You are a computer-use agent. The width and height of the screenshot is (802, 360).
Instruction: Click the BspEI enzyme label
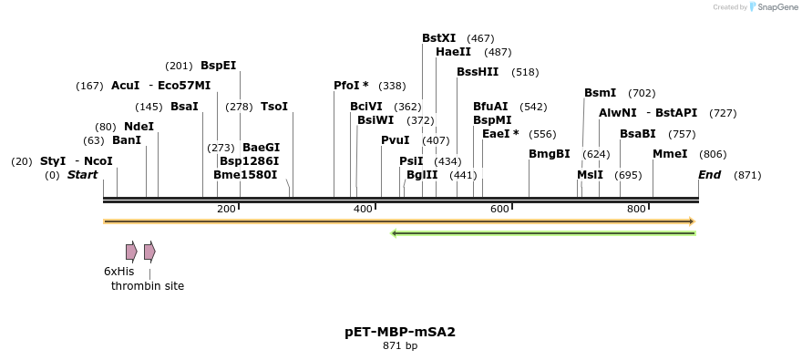click(x=218, y=66)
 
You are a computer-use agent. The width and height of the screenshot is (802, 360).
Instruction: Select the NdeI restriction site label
click(x=139, y=127)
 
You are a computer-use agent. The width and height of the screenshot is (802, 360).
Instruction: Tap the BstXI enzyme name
click(x=438, y=38)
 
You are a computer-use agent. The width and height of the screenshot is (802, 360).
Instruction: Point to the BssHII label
click(x=478, y=72)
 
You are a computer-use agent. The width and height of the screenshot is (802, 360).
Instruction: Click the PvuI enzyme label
click(x=395, y=140)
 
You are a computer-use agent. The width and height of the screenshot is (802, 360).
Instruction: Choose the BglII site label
click(x=422, y=175)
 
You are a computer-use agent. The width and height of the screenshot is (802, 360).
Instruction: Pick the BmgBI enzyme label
click(x=549, y=154)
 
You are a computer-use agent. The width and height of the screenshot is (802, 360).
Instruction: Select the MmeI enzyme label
click(x=670, y=154)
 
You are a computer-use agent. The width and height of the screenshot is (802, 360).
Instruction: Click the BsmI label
click(x=600, y=93)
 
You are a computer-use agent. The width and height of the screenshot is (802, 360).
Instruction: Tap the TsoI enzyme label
click(x=273, y=107)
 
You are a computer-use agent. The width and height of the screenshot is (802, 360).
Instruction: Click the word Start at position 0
click(x=82, y=175)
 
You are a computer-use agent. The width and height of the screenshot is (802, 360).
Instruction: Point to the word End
click(x=709, y=175)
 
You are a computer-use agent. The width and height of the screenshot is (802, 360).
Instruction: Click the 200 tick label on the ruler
click(x=226, y=210)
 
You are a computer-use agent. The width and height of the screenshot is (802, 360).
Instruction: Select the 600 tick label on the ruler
click(x=499, y=210)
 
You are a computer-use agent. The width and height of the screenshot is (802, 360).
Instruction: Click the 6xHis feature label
click(x=118, y=272)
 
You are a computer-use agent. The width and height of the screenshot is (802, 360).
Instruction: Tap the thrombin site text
click(x=148, y=286)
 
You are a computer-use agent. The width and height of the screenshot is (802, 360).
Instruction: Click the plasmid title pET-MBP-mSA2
click(x=400, y=332)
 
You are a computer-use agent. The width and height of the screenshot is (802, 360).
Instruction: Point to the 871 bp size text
click(x=400, y=346)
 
